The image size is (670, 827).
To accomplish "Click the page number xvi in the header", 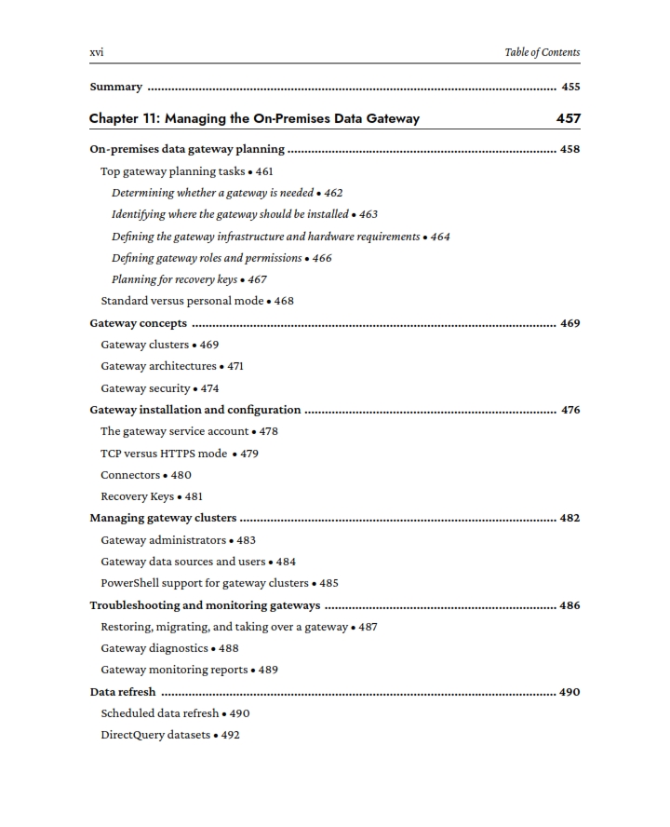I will tap(96, 52).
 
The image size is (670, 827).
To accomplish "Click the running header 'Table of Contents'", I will tap(542, 52).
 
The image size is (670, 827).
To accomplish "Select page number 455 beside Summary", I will tap(570, 88).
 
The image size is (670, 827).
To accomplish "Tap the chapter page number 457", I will tap(568, 118).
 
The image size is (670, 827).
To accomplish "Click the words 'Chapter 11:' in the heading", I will tap(125, 118).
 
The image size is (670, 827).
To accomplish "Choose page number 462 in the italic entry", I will tap(333, 193).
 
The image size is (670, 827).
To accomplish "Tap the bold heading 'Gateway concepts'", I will tap(138, 323).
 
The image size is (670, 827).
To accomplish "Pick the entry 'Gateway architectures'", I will tap(158, 366).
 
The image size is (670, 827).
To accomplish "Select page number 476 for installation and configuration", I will tap(570, 410).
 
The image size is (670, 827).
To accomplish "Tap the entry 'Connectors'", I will tap(130, 475).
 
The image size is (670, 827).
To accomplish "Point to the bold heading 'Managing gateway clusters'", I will tap(163, 518).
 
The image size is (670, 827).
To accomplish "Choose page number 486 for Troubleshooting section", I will tap(570, 605).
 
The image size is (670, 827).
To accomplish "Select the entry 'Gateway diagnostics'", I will tap(154, 648).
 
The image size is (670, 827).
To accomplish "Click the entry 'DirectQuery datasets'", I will tap(155, 735).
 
